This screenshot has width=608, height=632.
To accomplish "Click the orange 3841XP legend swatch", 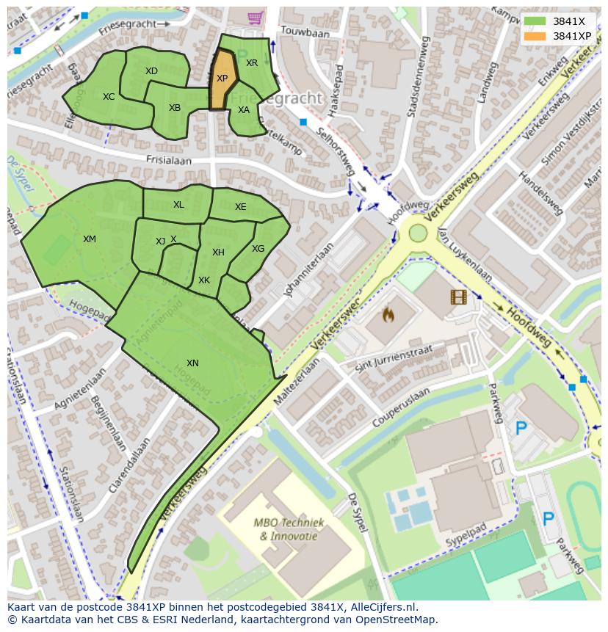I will [535, 36].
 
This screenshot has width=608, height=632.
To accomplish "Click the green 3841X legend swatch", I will [535, 21].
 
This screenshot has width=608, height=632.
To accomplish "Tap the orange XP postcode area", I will [222, 79].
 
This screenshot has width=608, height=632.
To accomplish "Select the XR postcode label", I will [252, 63].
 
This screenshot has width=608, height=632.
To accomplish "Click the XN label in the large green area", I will [192, 363].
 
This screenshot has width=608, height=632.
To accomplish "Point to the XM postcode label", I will [89, 239].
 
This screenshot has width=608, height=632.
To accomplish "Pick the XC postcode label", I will [109, 97].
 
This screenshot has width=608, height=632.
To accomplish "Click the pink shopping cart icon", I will [255, 16].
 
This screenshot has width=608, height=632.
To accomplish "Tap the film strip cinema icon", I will [458, 297].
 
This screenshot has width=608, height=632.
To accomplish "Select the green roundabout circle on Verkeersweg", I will [418, 233].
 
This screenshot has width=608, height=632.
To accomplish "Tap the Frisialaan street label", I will [168, 159].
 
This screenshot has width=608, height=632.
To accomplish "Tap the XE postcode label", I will [241, 207].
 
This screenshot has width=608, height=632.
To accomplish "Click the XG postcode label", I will [258, 249].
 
